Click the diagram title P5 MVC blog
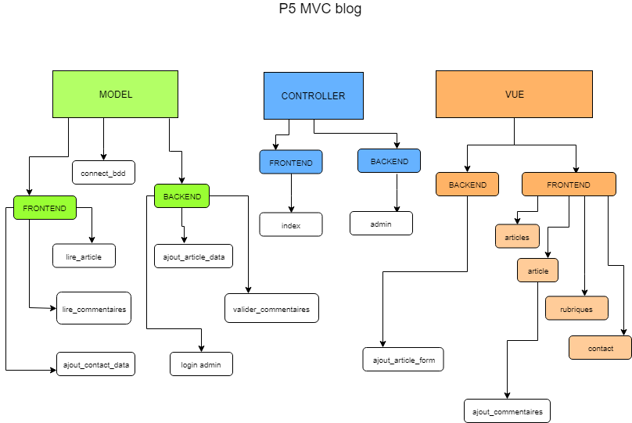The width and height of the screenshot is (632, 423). point(320,9)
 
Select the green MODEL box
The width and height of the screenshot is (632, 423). point(115,95)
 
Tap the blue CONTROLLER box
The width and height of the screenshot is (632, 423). point(313,95)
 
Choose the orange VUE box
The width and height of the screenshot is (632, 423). point(514,95)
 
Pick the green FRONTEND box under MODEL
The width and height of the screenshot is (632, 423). point(45,208)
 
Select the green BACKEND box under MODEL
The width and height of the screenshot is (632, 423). point(181,196)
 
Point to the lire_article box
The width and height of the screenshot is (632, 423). point(84,256)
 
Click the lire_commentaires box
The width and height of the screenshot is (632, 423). point(93,309)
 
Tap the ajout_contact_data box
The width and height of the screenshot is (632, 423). point(95,364)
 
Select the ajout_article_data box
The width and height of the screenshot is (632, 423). point(193,256)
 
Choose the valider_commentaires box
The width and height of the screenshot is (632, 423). point(271,309)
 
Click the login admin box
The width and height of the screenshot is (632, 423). point(201,364)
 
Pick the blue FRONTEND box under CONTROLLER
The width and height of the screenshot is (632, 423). point(291,162)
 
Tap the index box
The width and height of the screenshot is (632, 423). point(291,225)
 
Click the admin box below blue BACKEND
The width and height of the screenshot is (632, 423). point(381,224)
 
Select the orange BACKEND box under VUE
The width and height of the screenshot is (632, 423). point(467,185)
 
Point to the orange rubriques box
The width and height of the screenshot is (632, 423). point(576,309)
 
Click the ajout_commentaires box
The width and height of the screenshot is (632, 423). point(507,410)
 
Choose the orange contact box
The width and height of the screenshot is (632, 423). point(600,348)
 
